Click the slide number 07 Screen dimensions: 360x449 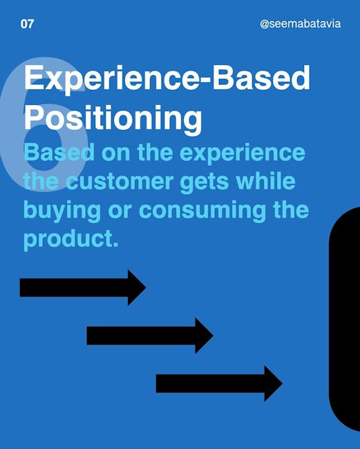point(27,23)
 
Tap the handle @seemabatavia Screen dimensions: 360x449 point(301,23)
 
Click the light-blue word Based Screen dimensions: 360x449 point(59,153)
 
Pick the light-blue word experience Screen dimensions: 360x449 point(243,154)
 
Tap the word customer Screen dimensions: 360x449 point(120,182)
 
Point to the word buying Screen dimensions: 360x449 point(62,211)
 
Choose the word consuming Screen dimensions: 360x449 point(202,211)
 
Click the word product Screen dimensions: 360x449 point(70,240)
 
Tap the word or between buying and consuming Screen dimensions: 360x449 point(120,211)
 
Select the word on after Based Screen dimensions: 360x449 point(115,154)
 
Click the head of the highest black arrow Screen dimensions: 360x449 point(137,287)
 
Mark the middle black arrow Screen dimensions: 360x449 point(150,335)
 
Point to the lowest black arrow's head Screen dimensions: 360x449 point(273,383)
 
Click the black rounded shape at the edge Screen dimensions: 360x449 point(345,318)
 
